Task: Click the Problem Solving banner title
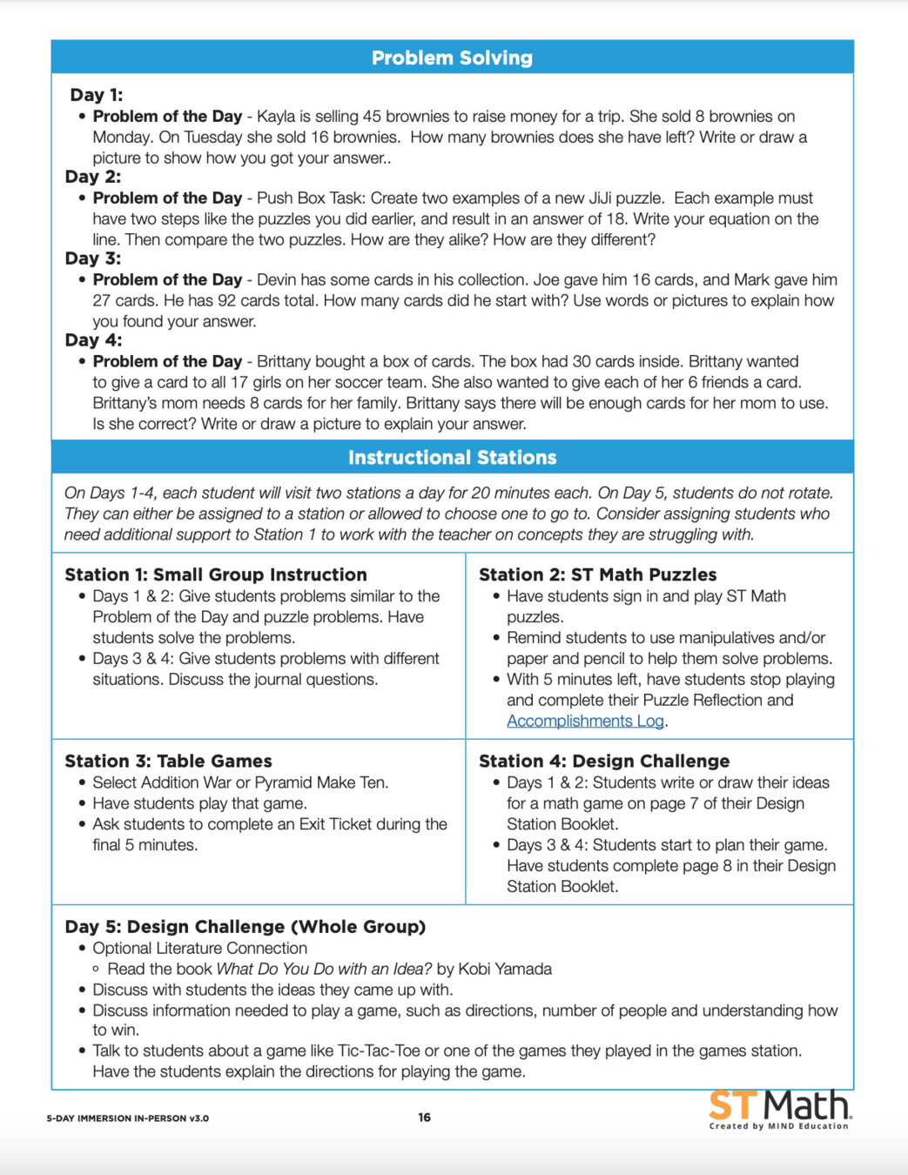point(452,58)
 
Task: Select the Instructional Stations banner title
point(452,458)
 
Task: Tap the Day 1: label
point(96,95)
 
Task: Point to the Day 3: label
point(93,258)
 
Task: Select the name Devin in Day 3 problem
point(278,280)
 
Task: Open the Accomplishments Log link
point(585,722)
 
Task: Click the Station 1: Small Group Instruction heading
point(216,574)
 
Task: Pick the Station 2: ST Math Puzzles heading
point(597,574)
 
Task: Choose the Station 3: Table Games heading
point(168,762)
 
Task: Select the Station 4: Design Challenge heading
point(604,762)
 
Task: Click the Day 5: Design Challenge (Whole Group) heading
point(245,927)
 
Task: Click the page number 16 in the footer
point(424,1118)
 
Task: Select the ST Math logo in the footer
point(779,1109)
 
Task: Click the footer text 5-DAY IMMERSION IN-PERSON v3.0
point(127,1118)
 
